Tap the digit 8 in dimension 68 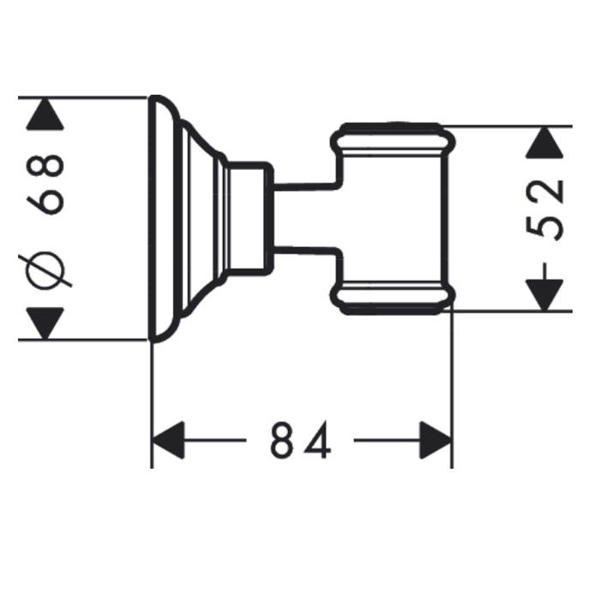point(45,165)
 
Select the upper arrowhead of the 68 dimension point(45,114)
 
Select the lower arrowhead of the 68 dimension point(45,323)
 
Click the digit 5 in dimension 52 point(545,227)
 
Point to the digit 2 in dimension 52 point(545,192)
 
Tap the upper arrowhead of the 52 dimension point(544,142)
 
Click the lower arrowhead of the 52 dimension point(544,295)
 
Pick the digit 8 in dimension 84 point(282,440)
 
